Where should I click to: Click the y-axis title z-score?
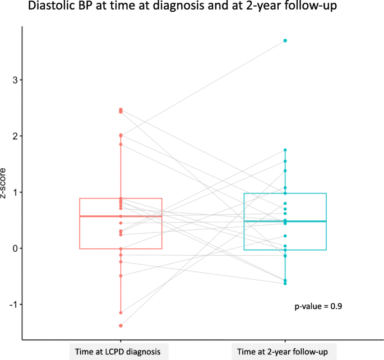point(4,183)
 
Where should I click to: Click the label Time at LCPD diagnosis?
point(120,352)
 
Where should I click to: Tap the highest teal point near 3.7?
point(285,40)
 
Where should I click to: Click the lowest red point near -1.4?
point(121,325)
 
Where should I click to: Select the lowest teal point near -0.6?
point(285,284)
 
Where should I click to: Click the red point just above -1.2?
point(121,312)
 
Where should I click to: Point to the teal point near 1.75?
point(285,150)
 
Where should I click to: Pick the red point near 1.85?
point(121,145)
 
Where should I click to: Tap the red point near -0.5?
point(121,275)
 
